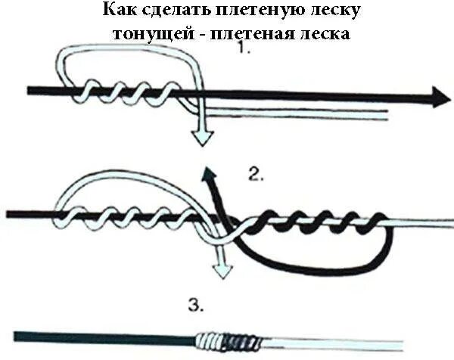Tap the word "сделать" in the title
click(x=170, y=13)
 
